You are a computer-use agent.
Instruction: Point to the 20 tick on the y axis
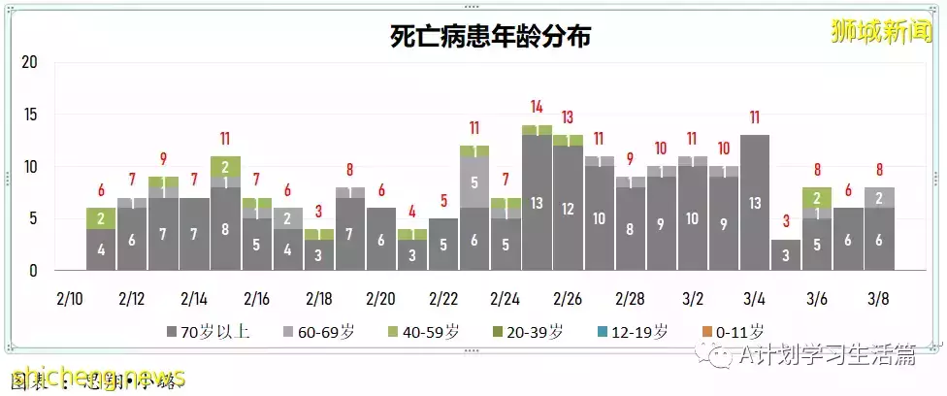(29, 63)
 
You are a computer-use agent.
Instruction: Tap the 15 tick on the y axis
(29, 115)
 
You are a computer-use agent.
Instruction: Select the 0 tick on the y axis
(33, 271)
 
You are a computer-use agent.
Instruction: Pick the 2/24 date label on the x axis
(505, 296)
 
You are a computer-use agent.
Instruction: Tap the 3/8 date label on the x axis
(879, 296)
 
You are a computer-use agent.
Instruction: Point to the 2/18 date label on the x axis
(318, 296)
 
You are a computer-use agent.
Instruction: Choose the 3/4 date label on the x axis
(754, 296)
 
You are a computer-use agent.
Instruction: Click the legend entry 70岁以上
(208, 331)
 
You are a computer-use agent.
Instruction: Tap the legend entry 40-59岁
(427, 331)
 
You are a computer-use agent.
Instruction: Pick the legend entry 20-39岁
(532, 331)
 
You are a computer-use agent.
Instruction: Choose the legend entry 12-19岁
(636, 331)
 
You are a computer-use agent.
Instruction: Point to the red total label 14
(537, 107)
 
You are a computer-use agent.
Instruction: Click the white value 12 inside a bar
(568, 209)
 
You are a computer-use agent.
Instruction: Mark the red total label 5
(443, 202)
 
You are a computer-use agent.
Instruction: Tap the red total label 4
(412, 212)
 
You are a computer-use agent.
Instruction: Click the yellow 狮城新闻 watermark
(880, 31)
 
